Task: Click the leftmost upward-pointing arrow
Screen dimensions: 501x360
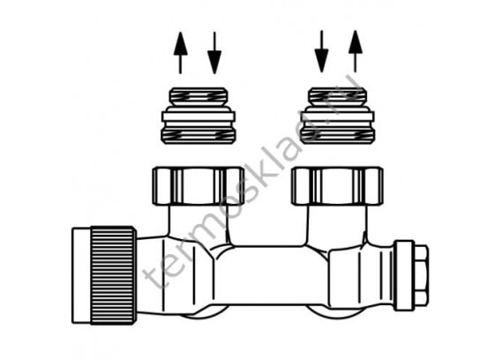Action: (181, 53)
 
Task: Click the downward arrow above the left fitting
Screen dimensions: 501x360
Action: (214, 53)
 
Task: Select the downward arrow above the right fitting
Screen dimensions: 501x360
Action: (321, 51)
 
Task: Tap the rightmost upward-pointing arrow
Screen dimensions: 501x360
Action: (355, 51)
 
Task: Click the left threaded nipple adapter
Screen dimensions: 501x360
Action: (198, 115)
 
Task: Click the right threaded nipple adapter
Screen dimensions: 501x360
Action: (338, 115)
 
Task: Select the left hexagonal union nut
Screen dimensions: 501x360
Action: (198, 185)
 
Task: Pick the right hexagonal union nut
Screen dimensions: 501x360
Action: (338, 185)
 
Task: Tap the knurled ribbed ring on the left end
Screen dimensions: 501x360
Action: (113, 275)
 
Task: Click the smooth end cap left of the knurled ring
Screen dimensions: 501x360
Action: (81, 275)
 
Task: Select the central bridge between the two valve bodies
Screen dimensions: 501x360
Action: (271, 275)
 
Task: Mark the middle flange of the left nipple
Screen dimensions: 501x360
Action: (198, 116)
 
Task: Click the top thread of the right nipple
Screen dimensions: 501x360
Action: (338, 96)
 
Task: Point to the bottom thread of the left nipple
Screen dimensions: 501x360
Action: (198, 135)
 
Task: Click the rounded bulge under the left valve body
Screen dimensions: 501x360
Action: (205, 312)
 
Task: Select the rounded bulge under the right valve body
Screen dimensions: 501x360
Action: (319, 311)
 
